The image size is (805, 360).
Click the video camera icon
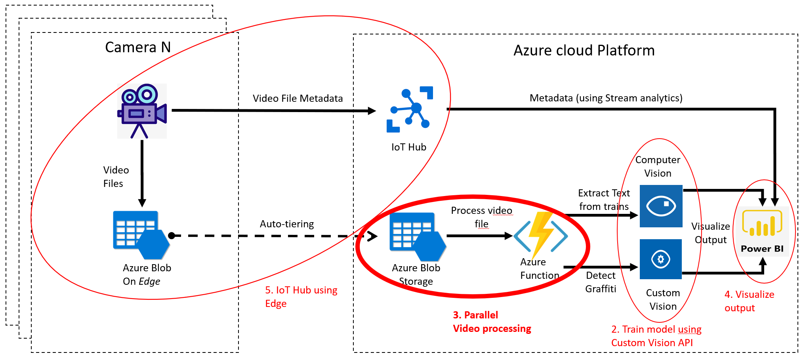142,111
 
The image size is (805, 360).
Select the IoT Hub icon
410,109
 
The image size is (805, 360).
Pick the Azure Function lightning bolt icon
541,235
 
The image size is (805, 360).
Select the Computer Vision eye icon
661,206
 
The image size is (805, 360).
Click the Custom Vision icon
661,259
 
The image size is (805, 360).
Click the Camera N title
138,48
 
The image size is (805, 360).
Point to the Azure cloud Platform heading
584,51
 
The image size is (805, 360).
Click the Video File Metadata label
298,99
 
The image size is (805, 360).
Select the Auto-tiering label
287,224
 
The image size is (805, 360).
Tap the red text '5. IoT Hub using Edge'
301,297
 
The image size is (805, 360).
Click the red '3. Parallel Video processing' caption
492,322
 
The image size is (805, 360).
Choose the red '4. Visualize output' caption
749,301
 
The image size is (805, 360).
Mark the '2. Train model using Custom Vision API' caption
656,336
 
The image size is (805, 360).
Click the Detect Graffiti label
601,282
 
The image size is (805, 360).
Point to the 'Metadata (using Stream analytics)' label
606,98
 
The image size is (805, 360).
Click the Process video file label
481,217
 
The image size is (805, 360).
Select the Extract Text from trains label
604,200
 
